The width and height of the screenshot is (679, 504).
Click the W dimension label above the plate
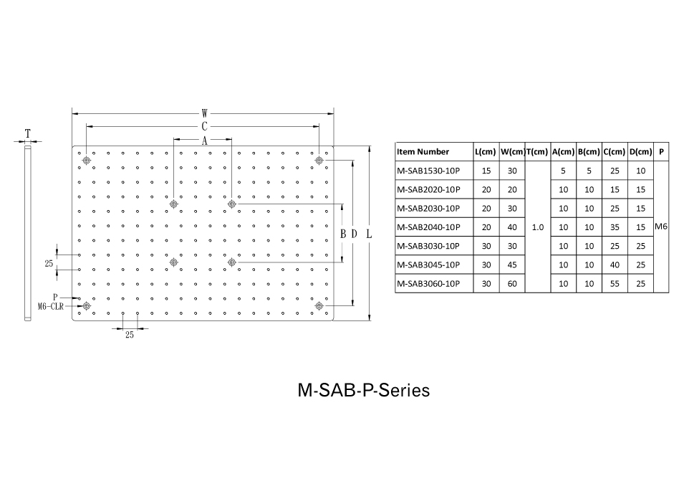coord(204,113)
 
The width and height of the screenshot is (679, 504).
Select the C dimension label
coord(204,126)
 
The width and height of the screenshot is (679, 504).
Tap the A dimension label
coord(204,141)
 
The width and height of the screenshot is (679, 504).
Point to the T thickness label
coord(28,133)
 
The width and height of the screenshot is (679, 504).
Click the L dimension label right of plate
coord(369,234)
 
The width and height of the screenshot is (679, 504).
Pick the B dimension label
coord(343,234)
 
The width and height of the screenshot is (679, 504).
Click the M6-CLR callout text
coord(51,306)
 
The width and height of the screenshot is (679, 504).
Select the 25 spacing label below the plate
coord(130,335)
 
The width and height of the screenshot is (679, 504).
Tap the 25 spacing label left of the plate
coord(49,263)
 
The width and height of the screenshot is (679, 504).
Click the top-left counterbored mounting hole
coord(87,161)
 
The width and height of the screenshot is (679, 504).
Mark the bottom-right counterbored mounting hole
coord(319,306)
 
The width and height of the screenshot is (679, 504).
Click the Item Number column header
coord(423,152)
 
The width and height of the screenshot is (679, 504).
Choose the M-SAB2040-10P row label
coord(428,227)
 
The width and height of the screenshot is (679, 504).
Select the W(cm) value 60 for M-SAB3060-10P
coord(512,283)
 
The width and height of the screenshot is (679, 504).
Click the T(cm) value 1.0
coord(538,227)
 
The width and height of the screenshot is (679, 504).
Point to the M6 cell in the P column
coord(661,227)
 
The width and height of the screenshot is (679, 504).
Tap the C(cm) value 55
coord(615,283)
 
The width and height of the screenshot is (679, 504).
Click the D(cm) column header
coord(641,152)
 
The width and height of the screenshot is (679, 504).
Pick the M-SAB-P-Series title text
coord(364,390)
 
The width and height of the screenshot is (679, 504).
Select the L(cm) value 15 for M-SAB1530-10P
coord(486,171)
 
